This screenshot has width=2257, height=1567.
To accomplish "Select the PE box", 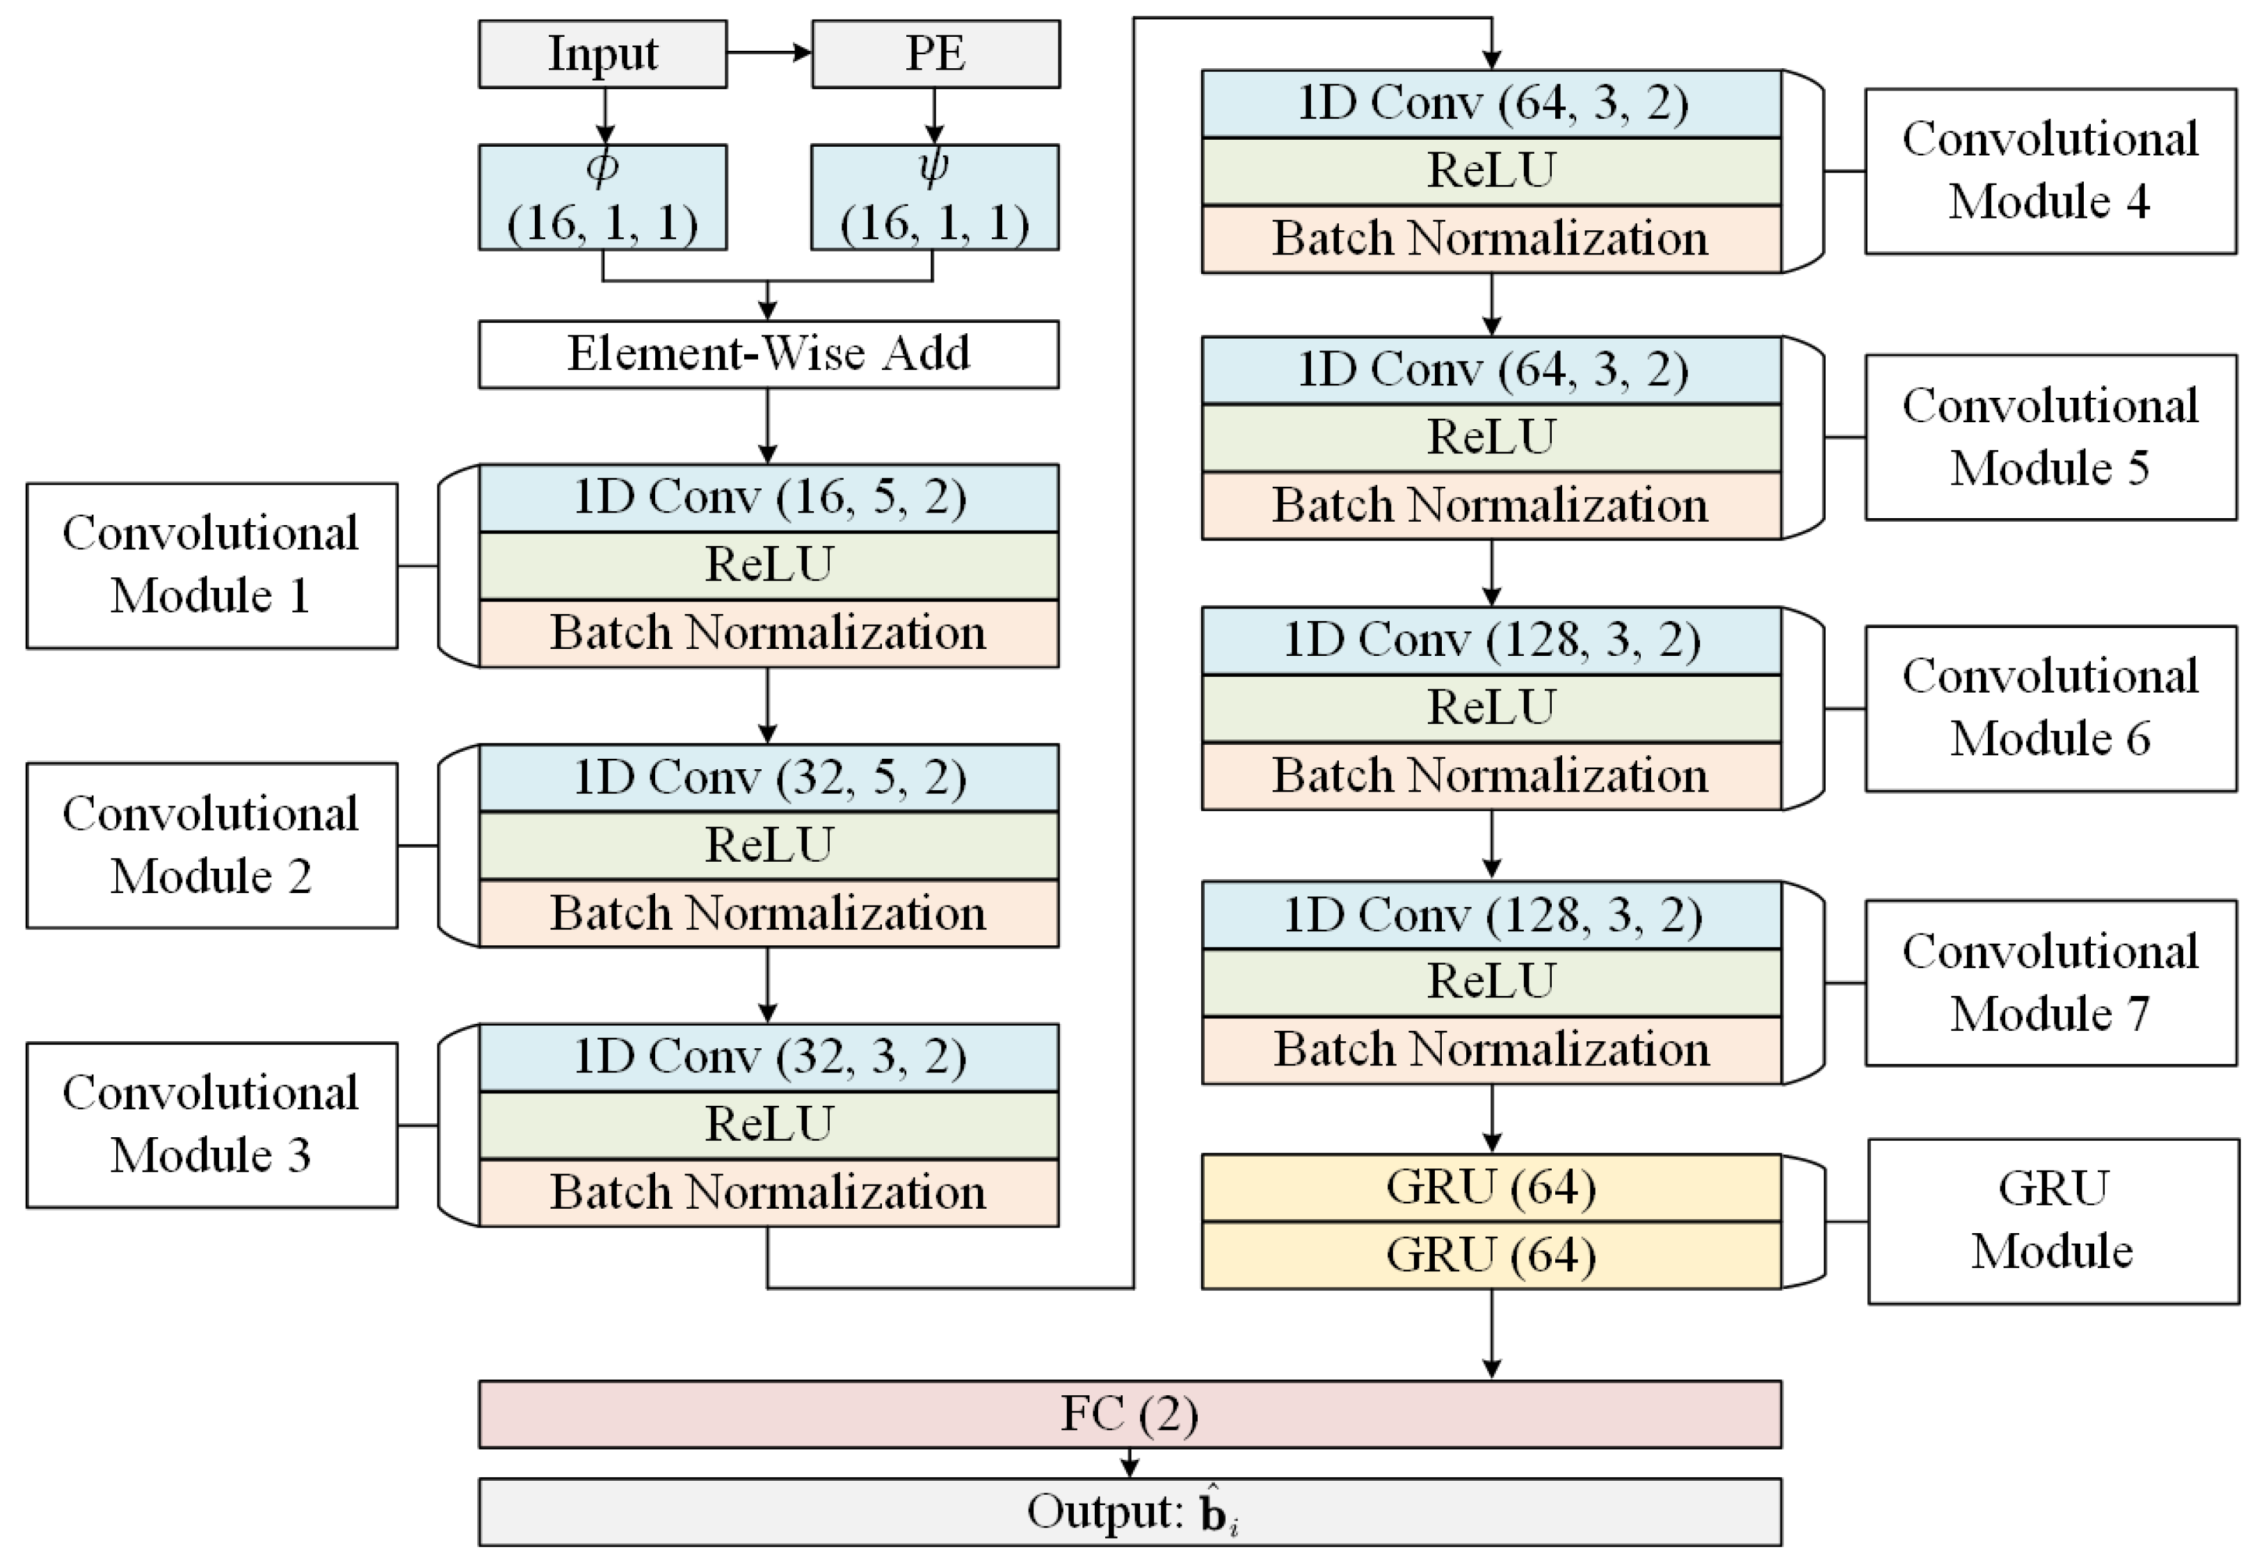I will [x=935, y=54].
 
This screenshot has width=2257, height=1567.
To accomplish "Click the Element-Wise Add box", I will [x=768, y=353].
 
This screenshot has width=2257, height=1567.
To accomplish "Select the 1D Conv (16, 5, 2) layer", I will [x=768, y=498].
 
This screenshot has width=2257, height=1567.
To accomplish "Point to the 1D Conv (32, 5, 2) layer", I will [x=768, y=778].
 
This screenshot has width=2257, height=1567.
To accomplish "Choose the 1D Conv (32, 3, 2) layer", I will [x=768, y=1057].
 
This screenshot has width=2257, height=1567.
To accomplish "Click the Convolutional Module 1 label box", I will [x=211, y=565].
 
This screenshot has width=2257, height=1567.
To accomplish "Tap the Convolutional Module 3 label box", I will [x=211, y=1125].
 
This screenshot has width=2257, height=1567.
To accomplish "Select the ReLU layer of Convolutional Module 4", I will [x=1491, y=171].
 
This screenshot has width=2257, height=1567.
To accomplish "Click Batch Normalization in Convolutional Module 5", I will [x=1491, y=506].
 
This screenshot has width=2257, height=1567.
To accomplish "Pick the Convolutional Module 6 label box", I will [x=2050, y=708].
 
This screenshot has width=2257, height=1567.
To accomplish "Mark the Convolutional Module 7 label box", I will [x=2050, y=983].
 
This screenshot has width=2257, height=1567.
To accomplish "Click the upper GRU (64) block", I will [x=1491, y=1188].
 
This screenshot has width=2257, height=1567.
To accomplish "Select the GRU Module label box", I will [x=2052, y=1221].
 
